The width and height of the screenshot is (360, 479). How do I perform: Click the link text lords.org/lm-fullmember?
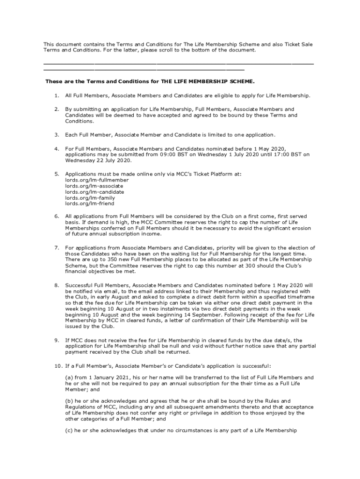point(97,180)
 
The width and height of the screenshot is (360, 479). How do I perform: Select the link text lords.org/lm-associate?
point(94,186)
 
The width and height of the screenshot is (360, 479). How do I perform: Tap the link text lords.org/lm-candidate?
point(95,192)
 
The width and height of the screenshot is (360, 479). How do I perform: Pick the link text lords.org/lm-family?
point(91,198)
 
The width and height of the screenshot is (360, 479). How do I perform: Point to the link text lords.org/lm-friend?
point(90,204)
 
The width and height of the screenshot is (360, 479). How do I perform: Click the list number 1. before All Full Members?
point(56,95)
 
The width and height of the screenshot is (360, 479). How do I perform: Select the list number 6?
point(56,216)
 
